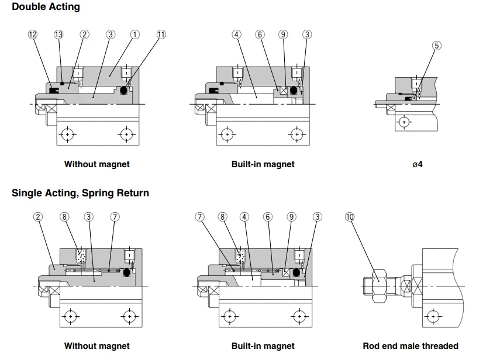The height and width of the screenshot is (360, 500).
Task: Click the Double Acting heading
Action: coord(46,6)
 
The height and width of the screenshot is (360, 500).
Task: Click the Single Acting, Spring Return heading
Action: coord(80,193)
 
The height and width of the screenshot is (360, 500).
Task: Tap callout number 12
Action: coord(33,34)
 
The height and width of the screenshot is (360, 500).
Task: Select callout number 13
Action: coord(58,34)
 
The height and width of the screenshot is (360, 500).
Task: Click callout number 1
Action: coord(135,34)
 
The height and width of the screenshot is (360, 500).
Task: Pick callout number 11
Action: coord(161,34)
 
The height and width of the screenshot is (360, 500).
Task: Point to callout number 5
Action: coord(437,46)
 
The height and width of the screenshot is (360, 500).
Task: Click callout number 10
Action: coord(350,217)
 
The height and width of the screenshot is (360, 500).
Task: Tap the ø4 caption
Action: coord(418,164)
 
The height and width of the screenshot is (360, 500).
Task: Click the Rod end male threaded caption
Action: coord(411,346)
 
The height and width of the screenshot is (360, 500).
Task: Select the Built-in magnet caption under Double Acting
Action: coord(263,164)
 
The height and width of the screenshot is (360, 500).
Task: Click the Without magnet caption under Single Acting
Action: coord(97,346)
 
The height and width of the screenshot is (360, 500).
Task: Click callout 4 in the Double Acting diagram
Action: coord(237,34)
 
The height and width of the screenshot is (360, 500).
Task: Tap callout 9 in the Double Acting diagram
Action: coord(283,34)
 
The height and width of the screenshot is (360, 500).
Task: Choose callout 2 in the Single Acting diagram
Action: coord(38,217)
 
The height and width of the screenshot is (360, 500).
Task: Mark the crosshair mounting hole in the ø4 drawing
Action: coord(404,122)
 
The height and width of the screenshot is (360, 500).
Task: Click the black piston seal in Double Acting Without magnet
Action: coord(124,91)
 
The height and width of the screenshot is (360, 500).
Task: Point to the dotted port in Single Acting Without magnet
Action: coord(81,256)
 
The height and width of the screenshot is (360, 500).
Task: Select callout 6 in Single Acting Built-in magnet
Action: coord(268,217)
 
